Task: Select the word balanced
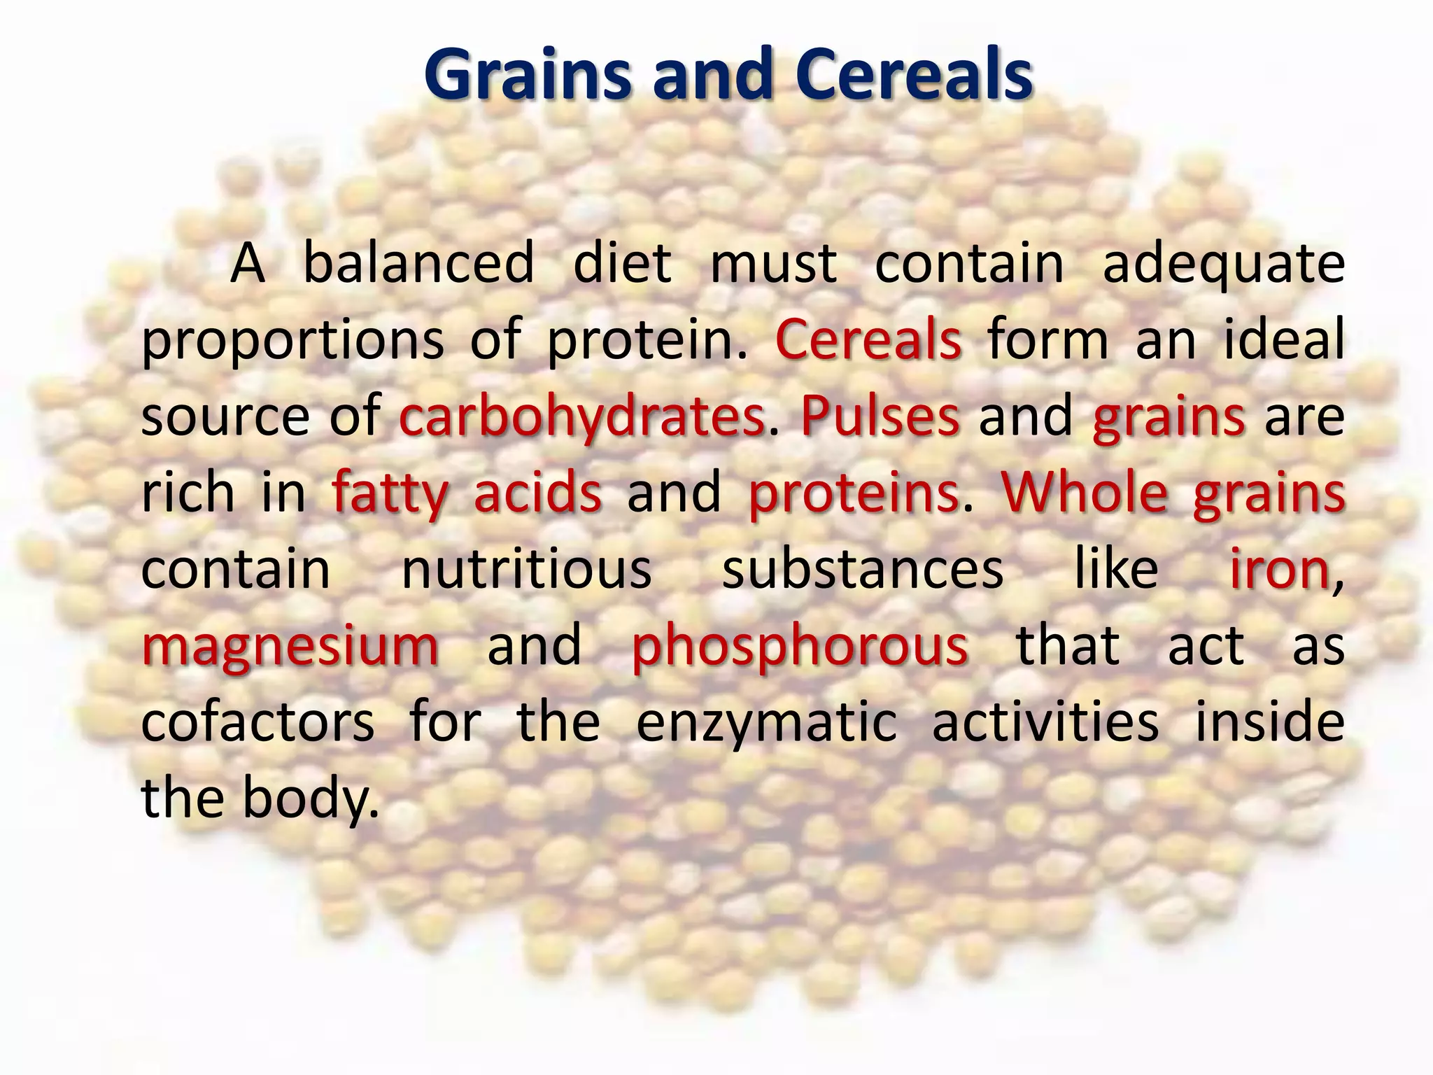(x=418, y=263)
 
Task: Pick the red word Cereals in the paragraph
(x=868, y=339)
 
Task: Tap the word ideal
(x=1283, y=339)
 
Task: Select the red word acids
(x=537, y=492)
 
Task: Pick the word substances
(x=863, y=568)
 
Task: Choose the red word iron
(x=1280, y=568)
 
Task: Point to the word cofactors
(x=257, y=722)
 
